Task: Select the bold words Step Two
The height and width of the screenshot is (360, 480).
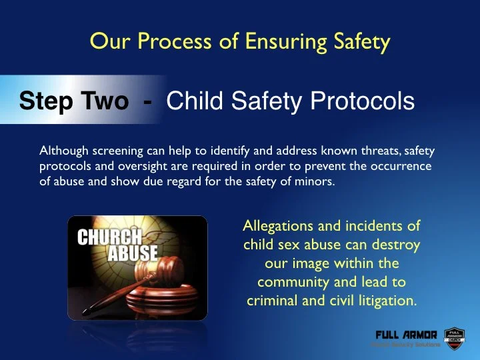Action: (73, 101)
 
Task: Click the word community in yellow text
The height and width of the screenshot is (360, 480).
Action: (295, 282)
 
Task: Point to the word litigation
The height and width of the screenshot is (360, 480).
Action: (387, 301)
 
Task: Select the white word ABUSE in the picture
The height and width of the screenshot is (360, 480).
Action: (133, 253)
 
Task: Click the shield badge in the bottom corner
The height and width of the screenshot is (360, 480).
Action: (454, 338)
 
